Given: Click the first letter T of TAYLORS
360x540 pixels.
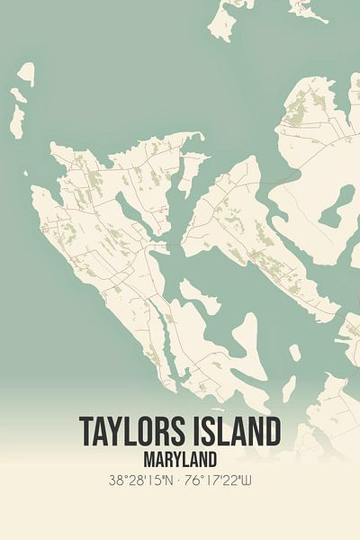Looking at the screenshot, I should pyautogui.click(x=86, y=431).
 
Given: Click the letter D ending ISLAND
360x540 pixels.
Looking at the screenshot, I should pyautogui.click(x=272, y=431).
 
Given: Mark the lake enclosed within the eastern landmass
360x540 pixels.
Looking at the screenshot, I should pyautogui.click(x=335, y=207).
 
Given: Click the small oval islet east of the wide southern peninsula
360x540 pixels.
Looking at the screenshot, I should pyautogui.click(x=289, y=389).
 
